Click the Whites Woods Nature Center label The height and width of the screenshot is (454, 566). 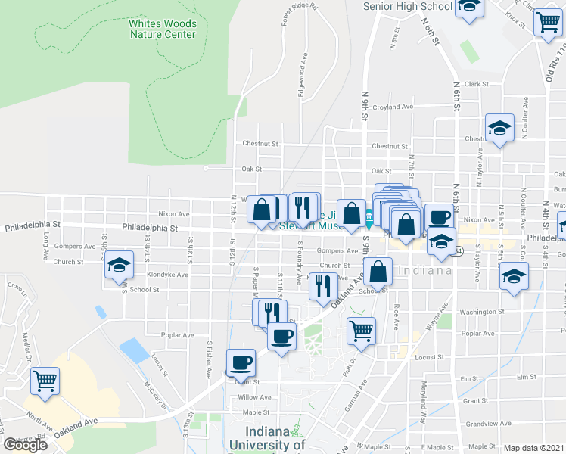coord(162,29)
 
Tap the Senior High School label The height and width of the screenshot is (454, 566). coord(407,6)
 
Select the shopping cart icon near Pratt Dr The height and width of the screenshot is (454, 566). coord(361,330)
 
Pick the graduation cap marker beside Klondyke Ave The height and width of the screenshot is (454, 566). coord(118,266)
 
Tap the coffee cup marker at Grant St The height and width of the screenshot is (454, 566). coord(241,364)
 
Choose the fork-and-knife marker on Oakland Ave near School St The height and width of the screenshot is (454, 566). coord(323,285)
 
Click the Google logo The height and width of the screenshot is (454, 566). coord(26,445)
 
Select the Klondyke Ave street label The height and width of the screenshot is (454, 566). coord(172,275)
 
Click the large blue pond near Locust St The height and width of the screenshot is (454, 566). coord(134,350)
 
